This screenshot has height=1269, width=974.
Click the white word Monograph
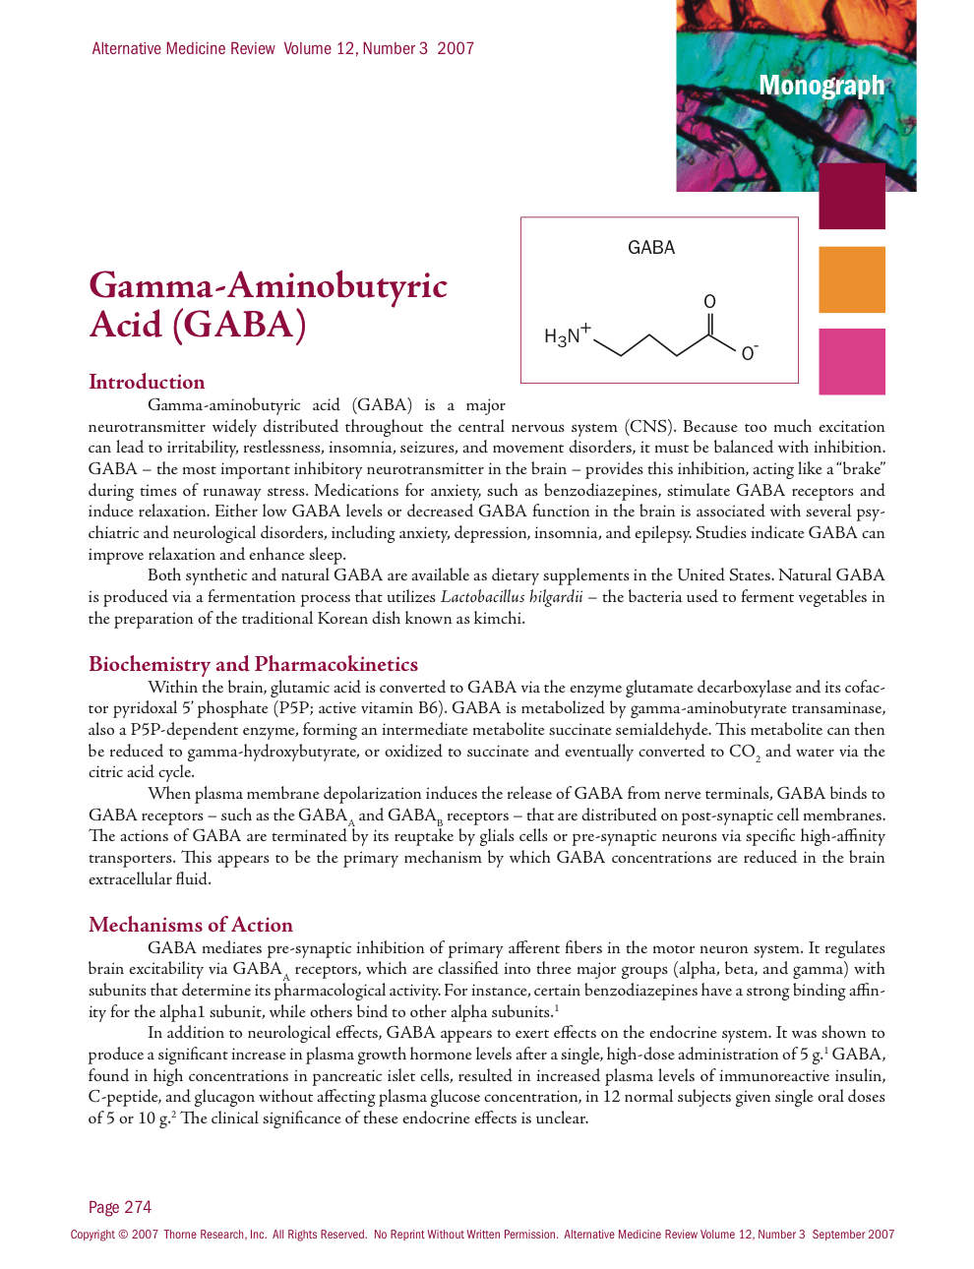click(822, 86)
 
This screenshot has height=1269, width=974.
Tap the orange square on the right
click(852, 279)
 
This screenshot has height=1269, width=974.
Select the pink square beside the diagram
click(852, 361)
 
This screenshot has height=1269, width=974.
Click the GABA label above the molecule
click(651, 248)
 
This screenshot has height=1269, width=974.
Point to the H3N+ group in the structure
click(567, 335)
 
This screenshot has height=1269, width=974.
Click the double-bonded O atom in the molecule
click(709, 302)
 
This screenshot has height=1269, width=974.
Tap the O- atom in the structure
click(750, 353)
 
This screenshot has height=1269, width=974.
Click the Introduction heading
click(147, 382)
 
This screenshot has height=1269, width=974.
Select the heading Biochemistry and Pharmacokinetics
click(253, 664)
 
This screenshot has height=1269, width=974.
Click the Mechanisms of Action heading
click(191, 925)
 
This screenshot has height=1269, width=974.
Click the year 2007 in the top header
click(456, 48)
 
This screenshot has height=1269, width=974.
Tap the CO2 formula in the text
click(744, 753)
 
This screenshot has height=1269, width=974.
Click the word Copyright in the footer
click(92, 1235)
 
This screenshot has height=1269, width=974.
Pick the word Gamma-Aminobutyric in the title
click(268, 285)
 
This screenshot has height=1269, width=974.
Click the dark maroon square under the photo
click(852, 197)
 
